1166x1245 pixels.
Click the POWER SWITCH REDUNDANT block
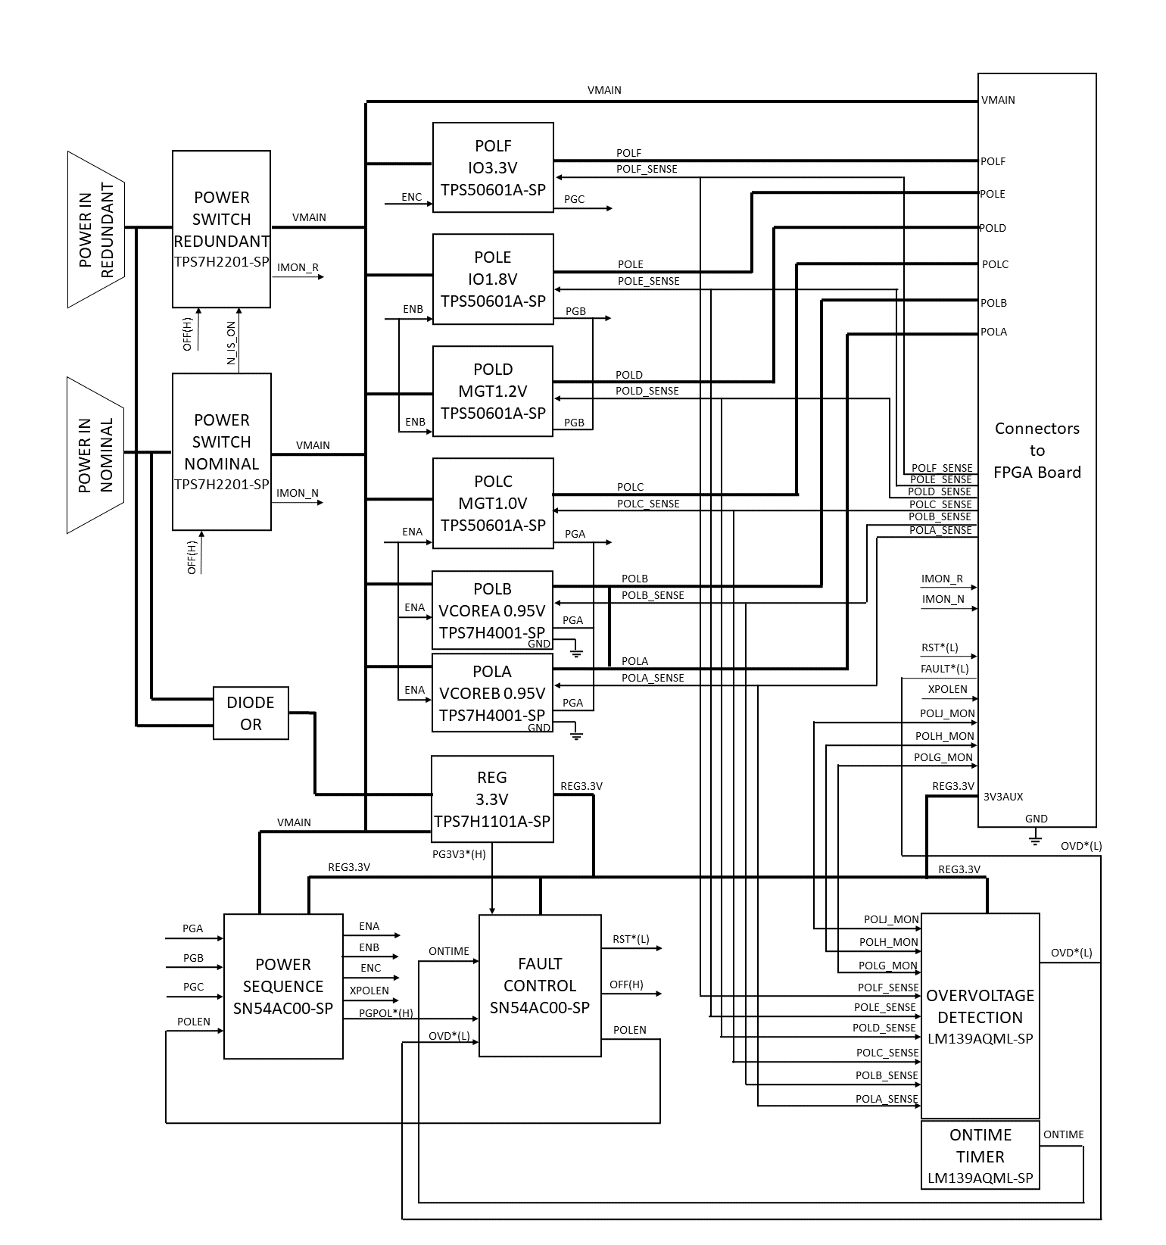tap(221, 229)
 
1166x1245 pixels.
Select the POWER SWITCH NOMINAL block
tap(221, 451)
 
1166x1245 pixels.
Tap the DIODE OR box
tap(251, 713)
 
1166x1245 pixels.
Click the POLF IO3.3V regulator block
tap(493, 167)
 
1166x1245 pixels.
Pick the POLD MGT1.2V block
tap(493, 391)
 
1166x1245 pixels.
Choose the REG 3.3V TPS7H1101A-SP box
tap(492, 799)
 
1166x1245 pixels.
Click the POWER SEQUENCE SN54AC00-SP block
tap(283, 986)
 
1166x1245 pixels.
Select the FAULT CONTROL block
tap(540, 985)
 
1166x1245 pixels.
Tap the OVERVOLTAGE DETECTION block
tap(980, 1016)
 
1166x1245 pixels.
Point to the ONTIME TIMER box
tap(980, 1156)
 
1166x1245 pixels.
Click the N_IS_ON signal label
tap(232, 344)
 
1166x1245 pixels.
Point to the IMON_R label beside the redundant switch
tap(298, 267)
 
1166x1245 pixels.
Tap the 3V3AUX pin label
tap(1002, 797)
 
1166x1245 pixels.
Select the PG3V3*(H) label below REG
tap(459, 854)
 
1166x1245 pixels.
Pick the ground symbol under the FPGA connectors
tap(1036, 838)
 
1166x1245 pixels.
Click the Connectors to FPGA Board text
tap(1037, 450)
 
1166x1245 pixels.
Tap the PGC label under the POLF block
tap(575, 199)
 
